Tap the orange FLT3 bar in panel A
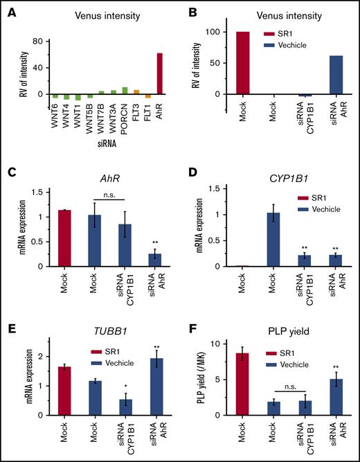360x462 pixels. pyautogui.click(x=136, y=91)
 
